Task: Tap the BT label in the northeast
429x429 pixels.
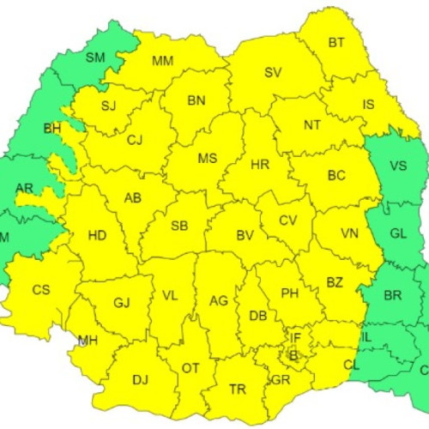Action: (337, 42)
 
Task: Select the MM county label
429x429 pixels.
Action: (162, 61)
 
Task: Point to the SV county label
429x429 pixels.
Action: (273, 71)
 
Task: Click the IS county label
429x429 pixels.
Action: (368, 106)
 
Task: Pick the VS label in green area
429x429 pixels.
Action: (398, 166)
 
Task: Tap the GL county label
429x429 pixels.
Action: (398, 233)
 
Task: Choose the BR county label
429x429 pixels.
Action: (393, 295)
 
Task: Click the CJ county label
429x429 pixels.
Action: (135, 141)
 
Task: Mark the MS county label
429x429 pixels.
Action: (207, 159)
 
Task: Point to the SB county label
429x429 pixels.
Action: (179, 226)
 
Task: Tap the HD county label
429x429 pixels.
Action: (98, 234)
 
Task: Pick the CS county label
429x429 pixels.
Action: (41, 289)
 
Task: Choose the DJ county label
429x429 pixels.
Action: (140, 378)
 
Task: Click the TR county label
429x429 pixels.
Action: (238, 389)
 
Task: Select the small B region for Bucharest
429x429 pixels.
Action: (293, 353)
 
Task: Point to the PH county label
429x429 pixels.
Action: (290, 293)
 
